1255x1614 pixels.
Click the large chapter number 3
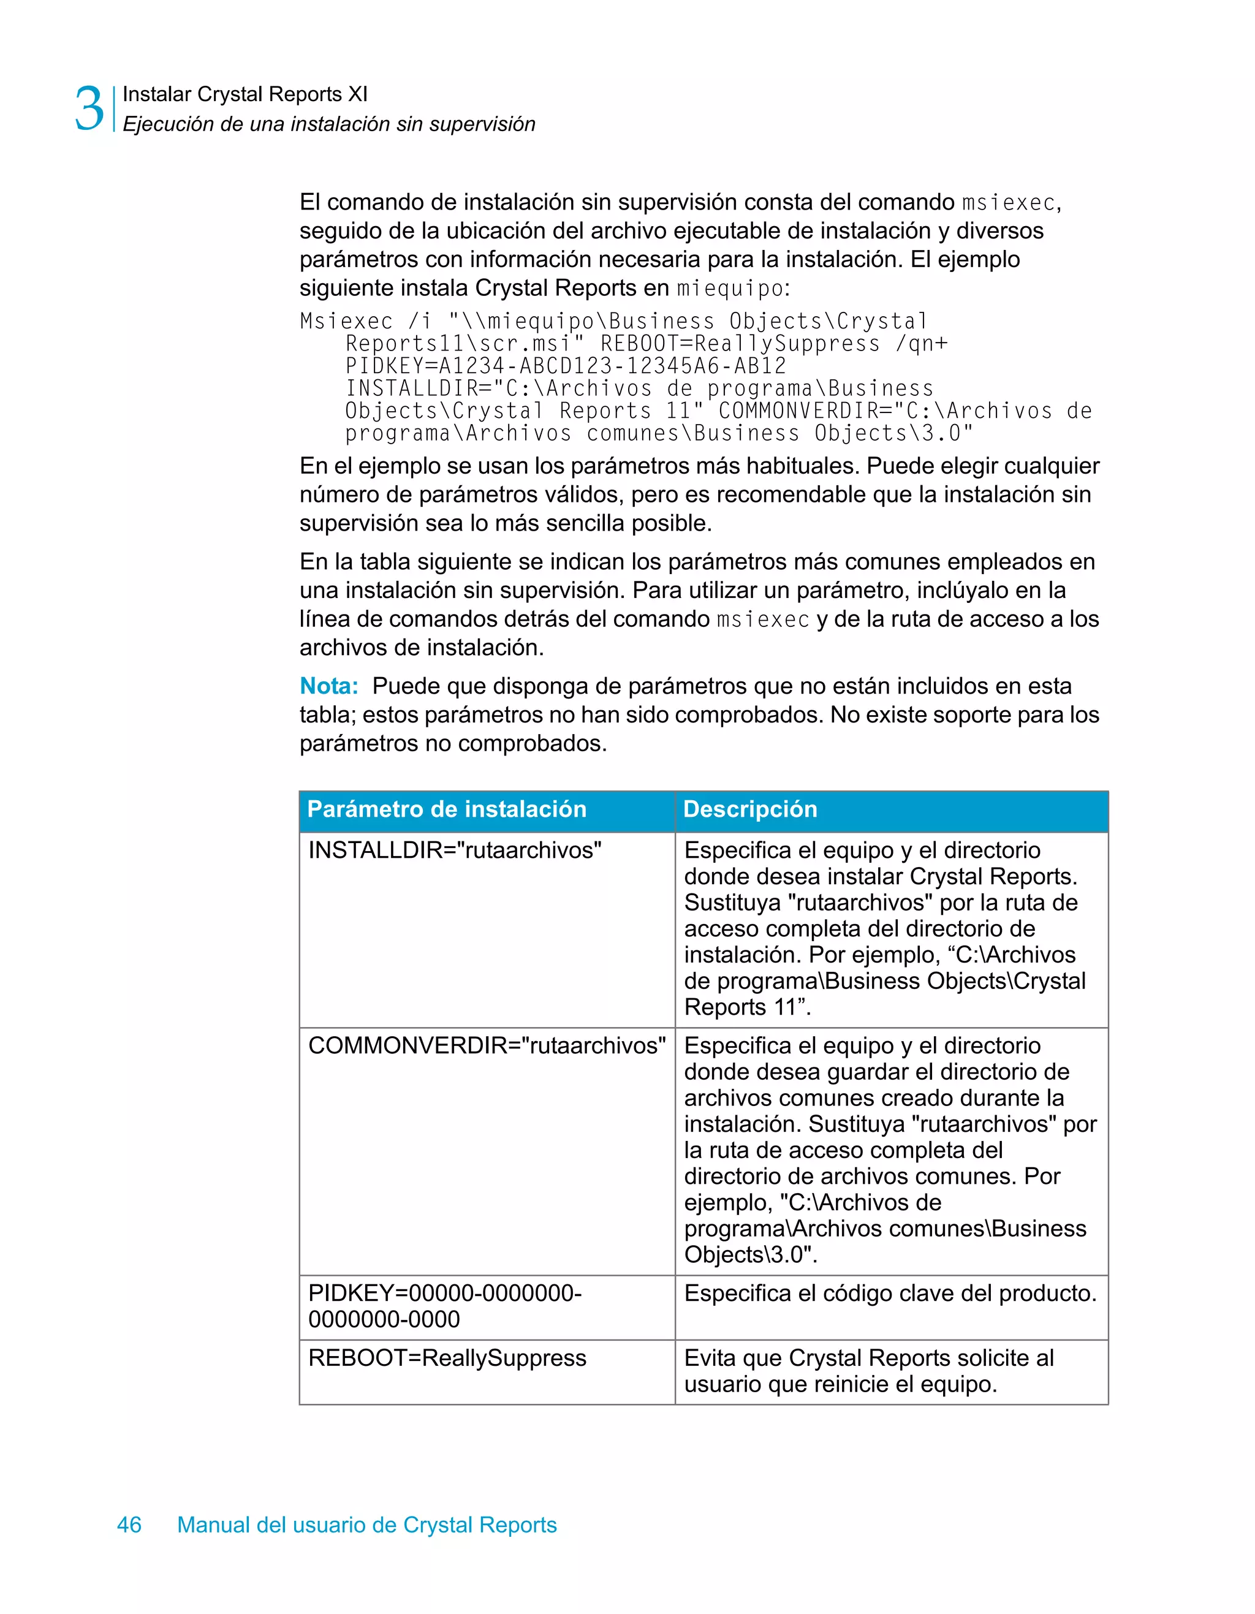point(89,108)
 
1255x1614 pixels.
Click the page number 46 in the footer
point(129,1525)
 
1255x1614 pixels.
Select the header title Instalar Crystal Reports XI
point(245,94)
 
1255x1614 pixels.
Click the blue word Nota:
point(328,686)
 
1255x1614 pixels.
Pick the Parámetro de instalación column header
point(446,809)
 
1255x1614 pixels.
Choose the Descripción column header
point(750,809)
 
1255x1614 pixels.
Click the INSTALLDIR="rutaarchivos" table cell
point(455,850)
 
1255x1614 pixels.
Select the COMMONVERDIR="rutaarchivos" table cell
point(487,1046)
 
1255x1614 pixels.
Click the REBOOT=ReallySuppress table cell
point(447,1358)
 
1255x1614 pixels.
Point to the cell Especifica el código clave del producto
point(890,1294)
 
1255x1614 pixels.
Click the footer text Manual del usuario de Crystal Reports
point(366,1525)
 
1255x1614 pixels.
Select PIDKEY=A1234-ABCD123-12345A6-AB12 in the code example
point(566,366)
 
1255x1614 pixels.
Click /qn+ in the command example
point(921,344)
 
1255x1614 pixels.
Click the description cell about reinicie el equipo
point(869,1371)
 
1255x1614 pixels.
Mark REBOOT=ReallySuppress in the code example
point(740,344)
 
